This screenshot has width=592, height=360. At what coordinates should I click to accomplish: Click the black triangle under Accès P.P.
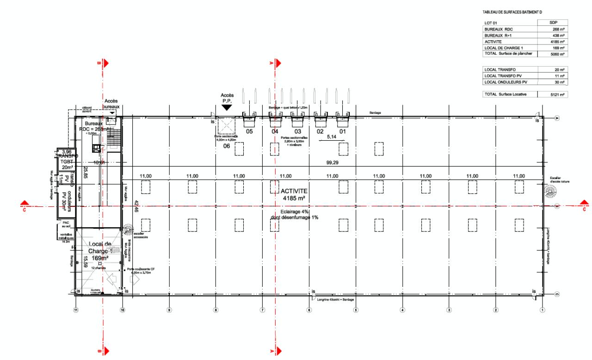pos(226,107)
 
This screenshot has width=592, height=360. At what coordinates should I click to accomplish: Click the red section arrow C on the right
pos(585,204)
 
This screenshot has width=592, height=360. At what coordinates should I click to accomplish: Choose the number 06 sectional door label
pos(227,146)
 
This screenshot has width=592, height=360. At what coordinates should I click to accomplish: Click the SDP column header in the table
pos(553,22)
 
